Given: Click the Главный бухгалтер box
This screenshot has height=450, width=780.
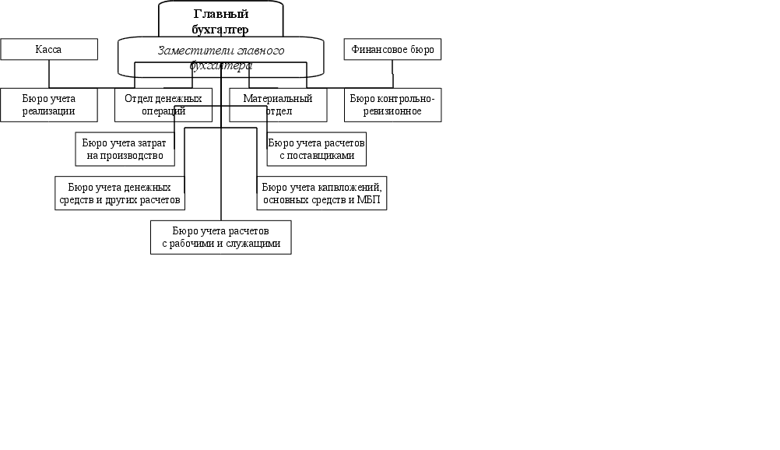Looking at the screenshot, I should (x=220, y=19).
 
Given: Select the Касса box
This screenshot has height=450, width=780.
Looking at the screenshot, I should (x=49, y=50).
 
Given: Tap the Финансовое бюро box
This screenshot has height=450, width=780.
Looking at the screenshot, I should (x=392, y=50).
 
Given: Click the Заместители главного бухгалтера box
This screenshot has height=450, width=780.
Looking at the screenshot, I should (x=220, y=58).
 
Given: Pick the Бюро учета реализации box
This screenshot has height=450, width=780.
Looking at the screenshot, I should (x=49, y=105).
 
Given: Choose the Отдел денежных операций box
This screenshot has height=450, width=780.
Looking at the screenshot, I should (x=163, y=105).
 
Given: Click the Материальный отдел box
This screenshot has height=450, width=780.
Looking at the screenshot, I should (x=278, y=105).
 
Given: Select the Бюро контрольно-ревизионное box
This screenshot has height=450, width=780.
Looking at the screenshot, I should (x=392, y=105).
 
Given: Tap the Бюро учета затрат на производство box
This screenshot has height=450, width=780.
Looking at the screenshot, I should (x=125, y=149).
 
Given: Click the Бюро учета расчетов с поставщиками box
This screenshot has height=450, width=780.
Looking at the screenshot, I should (x=316, y=149).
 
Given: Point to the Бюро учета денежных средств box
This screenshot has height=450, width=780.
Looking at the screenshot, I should (x=120, y=194).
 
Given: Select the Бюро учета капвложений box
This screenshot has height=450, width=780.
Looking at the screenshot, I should (x=321, y=194).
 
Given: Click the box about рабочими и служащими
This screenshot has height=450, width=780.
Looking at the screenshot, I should (x=220, y=237).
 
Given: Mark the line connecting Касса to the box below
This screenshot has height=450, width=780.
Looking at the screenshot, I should (x=49, y=74).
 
